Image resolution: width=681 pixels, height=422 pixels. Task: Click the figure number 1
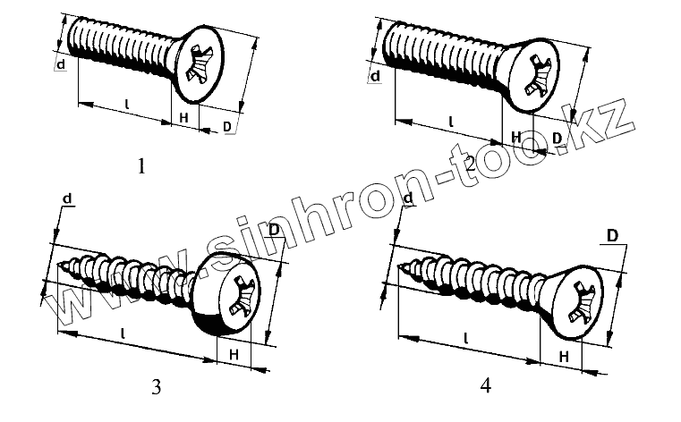pyautogui.click(x=140, y=165)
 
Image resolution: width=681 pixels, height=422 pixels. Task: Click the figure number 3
pyautogui.click(x=157, y=387)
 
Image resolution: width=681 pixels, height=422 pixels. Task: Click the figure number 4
pyautogui.click(x=486, y=386)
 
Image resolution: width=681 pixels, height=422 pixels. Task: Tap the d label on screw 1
pyautogui.click(x=61, y=65)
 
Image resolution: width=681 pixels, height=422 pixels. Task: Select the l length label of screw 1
pyautogui.click(x=126, y=105)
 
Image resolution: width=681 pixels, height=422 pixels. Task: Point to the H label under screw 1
pyautogui.click(x=183, y=118)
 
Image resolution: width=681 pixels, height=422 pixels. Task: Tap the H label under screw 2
pyautogui.click(x=515, y=136)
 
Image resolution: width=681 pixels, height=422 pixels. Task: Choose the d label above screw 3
pyautogui.click(x=67, y=197)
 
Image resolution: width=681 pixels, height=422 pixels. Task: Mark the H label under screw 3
pyautogui.click(x=233, y=355)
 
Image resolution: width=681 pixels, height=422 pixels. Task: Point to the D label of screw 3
pyautogui.click(x=273, y=231)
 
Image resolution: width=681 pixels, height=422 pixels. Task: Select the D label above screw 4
pyautogui.click(x=613, y=236)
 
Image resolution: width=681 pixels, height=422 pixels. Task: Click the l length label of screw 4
pyautogui.click(x=466, y=338)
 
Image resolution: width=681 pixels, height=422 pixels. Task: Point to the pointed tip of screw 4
pyautogui.click(x=400, y=266)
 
